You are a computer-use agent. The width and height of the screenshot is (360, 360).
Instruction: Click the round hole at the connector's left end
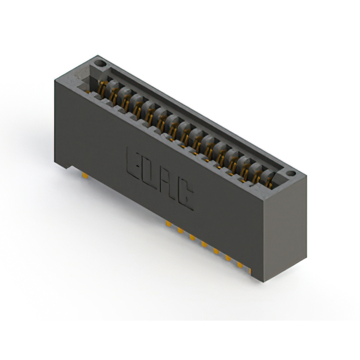100,63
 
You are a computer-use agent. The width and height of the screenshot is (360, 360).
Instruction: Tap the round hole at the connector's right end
291,173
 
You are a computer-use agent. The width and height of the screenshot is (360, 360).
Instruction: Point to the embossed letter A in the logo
167,184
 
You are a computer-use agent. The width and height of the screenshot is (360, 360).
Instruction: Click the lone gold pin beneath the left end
85,175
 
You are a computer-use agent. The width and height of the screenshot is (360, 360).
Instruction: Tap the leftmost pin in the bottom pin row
169,224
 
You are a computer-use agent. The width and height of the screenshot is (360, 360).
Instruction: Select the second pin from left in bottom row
181,231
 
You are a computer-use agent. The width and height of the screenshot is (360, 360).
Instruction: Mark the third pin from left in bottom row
192,237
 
